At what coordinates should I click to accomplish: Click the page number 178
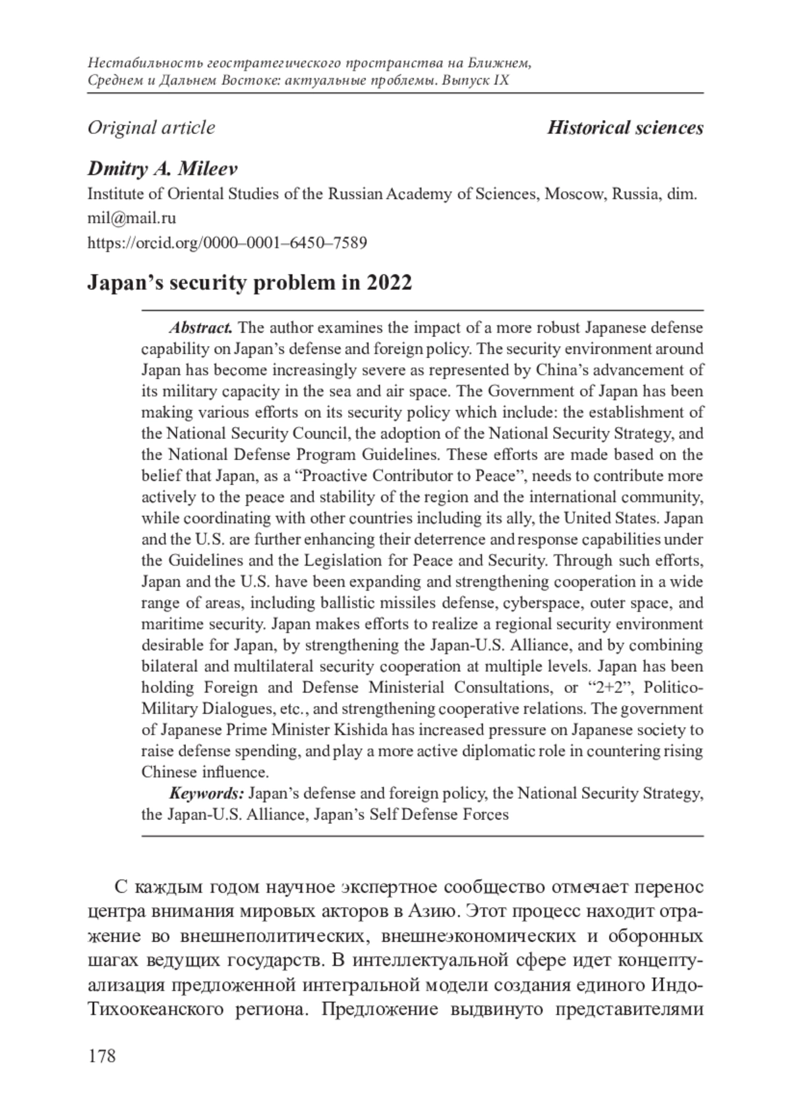(102, 1055)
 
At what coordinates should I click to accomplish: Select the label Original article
(151, 127)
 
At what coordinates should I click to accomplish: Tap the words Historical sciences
(625, 127)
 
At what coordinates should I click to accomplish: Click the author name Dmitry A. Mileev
(162, 169)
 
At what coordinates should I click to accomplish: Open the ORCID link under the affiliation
(227, 243)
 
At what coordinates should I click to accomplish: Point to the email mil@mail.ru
(132, 218)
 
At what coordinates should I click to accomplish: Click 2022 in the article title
(389, 283)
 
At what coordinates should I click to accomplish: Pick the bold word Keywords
(207, 793)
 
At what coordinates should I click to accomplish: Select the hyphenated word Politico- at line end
(673, 688)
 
